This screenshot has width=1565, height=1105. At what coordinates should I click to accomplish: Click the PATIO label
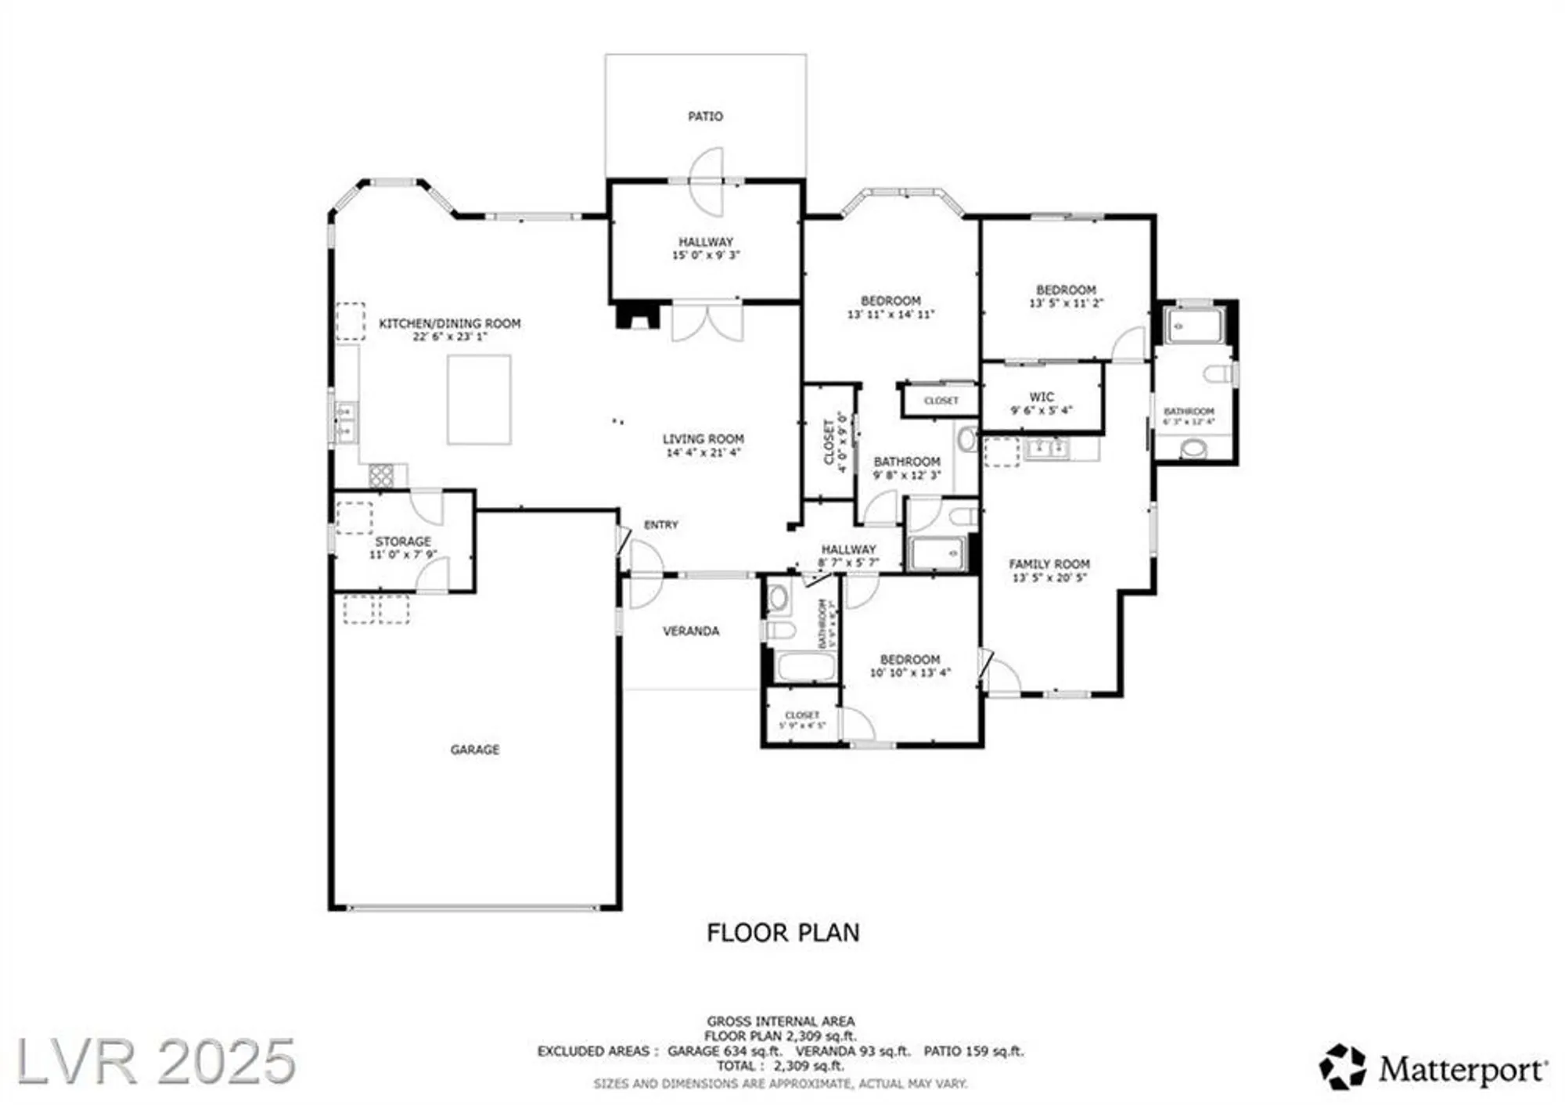(705, 117)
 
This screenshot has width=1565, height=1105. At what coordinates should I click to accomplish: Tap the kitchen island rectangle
(479, 400)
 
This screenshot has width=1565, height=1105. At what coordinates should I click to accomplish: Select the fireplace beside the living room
(638, 316)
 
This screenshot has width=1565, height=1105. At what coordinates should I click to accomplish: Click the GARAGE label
(475, 750)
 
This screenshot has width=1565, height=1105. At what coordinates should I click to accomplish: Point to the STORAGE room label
(403, 542)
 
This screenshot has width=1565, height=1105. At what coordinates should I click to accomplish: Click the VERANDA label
(691, 631)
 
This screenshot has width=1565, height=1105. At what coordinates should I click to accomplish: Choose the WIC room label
(1042, 397)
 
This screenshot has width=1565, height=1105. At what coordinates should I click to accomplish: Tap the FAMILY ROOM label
(1049, 564)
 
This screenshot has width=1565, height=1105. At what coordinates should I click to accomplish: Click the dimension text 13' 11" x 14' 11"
(890, 315)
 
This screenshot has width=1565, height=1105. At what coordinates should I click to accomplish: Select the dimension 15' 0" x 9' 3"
(706, 255)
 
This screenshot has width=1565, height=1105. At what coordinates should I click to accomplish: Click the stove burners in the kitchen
(381, 475)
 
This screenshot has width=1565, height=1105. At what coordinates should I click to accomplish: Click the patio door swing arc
(706, 182)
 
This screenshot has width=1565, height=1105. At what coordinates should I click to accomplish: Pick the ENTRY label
(661, 525)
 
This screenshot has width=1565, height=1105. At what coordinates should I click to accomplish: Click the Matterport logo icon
(1343, 1067)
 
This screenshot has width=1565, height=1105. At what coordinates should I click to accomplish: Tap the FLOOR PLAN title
(782, 933)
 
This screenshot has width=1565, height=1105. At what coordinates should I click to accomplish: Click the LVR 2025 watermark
(156, 1062)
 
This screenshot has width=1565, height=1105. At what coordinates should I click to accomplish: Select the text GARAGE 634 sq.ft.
(725, 1052)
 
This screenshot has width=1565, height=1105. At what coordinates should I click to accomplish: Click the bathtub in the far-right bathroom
(1193, 326)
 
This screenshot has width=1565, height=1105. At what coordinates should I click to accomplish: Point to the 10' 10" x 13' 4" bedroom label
(910, 673)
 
